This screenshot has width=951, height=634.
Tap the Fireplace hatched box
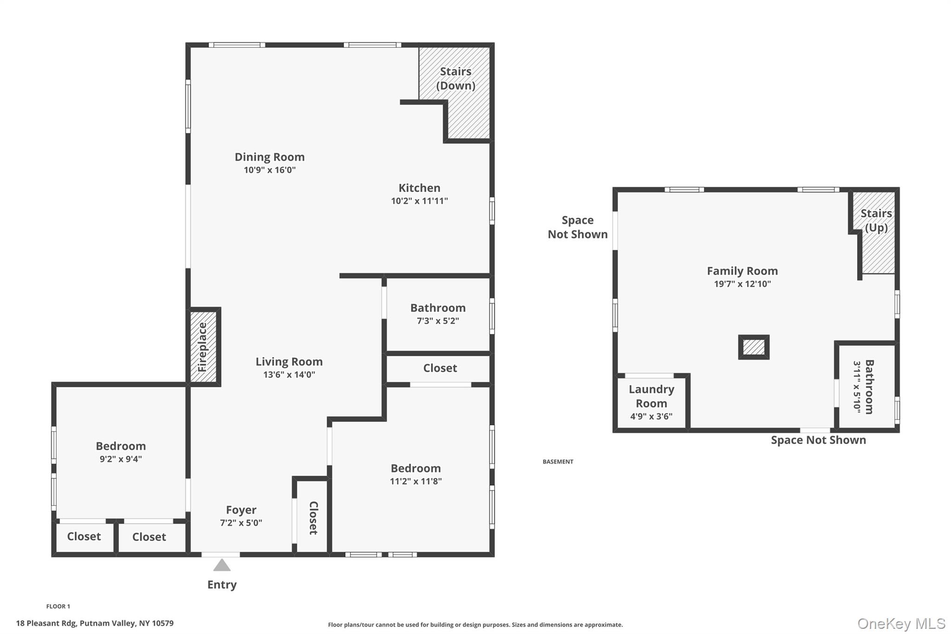tap(203, 347)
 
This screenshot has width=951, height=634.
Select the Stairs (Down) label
tap(456, 78)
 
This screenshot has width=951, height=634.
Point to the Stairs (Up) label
tap(876, 220)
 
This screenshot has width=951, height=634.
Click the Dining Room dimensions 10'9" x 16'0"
tap(270, 170)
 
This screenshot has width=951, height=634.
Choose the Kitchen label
tap(419, 188)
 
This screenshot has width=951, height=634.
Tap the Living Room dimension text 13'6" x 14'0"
tap(289, 374)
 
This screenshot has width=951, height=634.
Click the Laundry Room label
tap(651, 396)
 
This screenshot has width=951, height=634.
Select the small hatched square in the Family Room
tap(754, 347)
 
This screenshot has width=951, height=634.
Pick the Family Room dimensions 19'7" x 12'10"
tap(743, 284)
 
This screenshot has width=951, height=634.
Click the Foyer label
tap(241, 510)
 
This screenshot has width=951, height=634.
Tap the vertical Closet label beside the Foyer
tap(313, 518)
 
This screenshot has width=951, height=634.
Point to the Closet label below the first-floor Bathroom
tap(440, 368)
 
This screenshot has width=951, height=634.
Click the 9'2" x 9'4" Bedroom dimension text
tap(121, 459)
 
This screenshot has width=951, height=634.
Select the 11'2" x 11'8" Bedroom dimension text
tap(416, 481)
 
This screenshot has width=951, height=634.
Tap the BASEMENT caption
tap(558, 462)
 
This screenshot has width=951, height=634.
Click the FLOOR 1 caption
tap(58, 606)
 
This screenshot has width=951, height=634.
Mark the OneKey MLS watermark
tap(901, 624)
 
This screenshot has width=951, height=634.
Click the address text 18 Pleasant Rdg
tap(46, 623)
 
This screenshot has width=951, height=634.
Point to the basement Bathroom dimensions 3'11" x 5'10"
tap(857, 386)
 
